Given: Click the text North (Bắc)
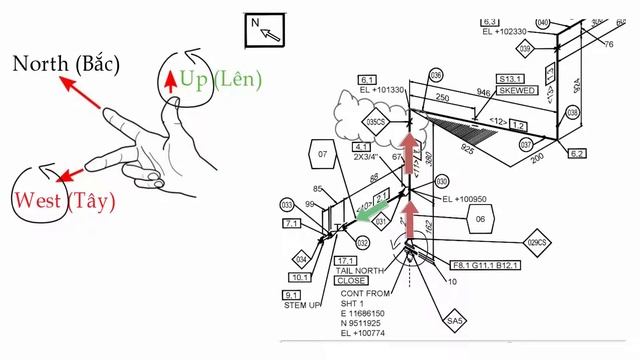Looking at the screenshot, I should point(66,64).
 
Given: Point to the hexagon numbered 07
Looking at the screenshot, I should point(322,156).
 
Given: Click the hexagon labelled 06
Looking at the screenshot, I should point(480,219).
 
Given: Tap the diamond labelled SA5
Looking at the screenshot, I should point(457,321).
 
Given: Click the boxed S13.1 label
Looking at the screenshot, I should point(511,77).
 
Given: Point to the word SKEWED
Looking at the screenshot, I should point(517,90).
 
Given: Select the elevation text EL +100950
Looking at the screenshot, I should point(464,198).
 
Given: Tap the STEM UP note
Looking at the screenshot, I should point(302,306).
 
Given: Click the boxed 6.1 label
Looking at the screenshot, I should point(367,79).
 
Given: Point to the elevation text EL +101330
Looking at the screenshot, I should point(383,90).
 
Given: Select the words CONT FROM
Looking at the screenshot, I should point(365,294).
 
